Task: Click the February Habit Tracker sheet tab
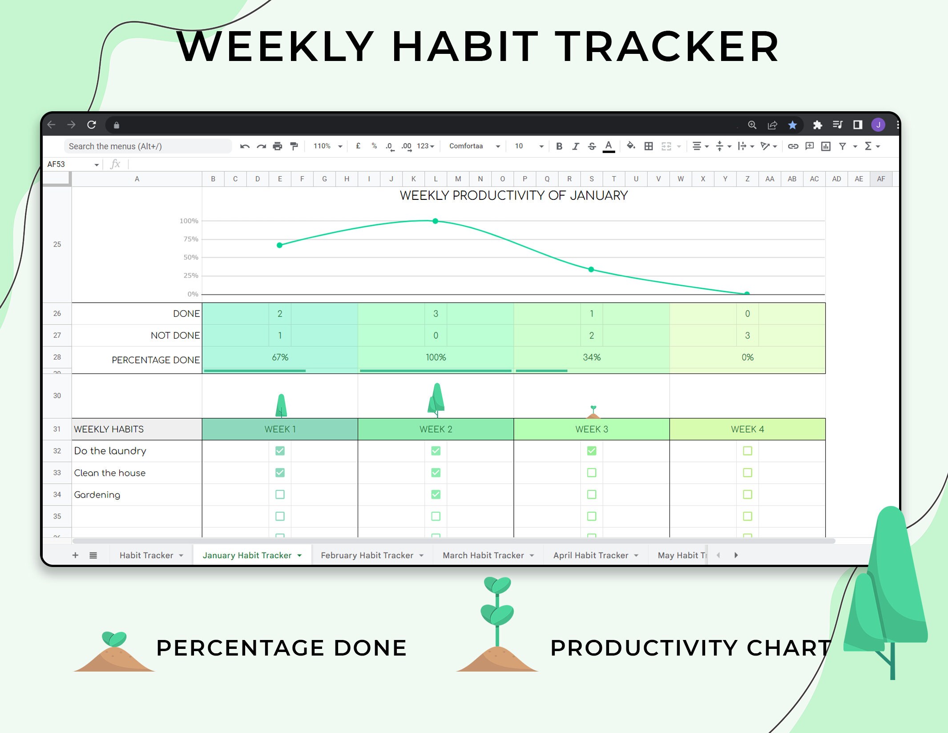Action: pos(367,555)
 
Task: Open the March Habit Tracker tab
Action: pos(483,555)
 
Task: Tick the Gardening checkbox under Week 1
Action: pos(280,494)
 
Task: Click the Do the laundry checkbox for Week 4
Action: pos(747,451)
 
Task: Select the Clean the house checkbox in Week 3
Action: pos(592,473)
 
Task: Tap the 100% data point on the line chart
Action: pos(436,221)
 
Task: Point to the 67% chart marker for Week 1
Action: pos(279,245)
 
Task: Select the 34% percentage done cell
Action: pos(592,357)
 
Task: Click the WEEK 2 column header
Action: pos(436,429)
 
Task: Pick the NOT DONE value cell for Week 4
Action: pos(747,336)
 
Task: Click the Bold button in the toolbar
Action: pos(559,146)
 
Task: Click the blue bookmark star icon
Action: pos(792,125)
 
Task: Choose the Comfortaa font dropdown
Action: pos(474,146)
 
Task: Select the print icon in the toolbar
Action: pos(278,146)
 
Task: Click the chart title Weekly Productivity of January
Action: pos(513,195)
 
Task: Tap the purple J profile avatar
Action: pos(878,125)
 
